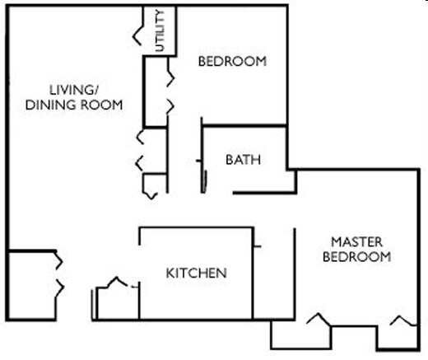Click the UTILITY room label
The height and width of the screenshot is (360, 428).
coord(160,30)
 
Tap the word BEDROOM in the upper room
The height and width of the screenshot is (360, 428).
coord(233,61)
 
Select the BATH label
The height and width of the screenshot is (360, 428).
coord(243,160)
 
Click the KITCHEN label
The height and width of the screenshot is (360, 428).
coord(196,273)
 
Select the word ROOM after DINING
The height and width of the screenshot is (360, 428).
coord(104,105)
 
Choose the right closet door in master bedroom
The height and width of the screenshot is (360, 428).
coord(401,320)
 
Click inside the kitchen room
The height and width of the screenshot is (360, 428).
coord(198,297)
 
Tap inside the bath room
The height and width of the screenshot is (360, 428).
coord(247,177)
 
